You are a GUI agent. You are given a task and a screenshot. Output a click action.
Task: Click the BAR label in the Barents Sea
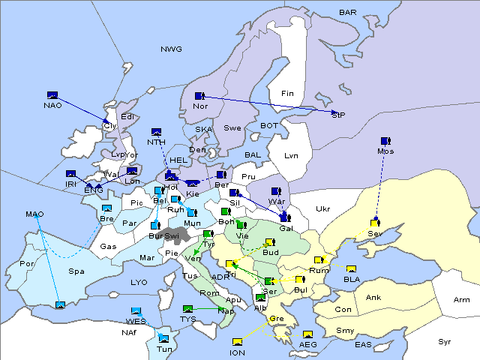point(348,13)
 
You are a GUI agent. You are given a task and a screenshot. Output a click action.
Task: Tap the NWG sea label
point(171,49)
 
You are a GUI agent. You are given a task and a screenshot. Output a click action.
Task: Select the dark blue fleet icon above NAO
point(52,95)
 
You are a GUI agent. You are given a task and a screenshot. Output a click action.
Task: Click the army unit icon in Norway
point(199,96)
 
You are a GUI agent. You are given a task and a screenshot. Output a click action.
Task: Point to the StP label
point(338,115)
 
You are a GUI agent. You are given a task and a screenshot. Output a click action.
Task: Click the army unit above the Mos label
point(385,141)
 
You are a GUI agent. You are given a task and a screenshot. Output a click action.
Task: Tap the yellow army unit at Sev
point(375,223)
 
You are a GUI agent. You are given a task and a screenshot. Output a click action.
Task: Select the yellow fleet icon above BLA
point(351,270)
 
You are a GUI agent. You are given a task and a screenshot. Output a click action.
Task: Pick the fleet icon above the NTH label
point(156,132)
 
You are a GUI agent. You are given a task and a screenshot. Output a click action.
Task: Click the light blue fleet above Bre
point(106,208)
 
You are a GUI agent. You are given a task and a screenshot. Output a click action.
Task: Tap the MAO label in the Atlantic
point(34,214)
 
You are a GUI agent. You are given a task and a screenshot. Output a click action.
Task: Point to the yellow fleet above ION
point(238,342)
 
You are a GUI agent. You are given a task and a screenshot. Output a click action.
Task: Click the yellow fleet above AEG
point(307,334)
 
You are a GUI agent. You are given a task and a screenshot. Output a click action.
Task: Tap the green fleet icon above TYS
point(188,309)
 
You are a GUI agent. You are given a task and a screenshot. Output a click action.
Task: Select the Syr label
point(445,341)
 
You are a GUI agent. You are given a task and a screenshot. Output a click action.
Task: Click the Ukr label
point(322,208)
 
